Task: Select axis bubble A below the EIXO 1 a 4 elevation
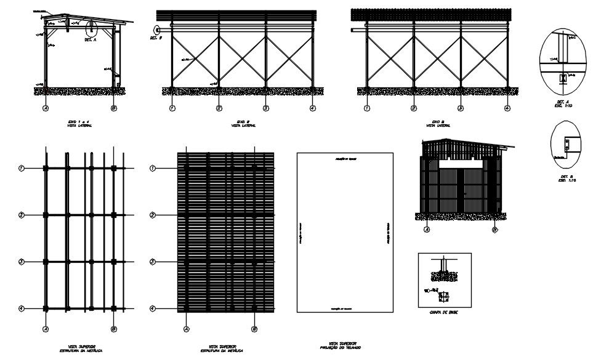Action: [45, 108]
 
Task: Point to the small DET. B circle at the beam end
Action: [158, 28]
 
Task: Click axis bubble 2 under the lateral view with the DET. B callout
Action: [219, 108]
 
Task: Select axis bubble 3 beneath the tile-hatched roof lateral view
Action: [461, 108]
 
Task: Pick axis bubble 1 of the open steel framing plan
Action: [22, 168]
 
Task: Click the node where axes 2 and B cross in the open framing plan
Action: [113, 215]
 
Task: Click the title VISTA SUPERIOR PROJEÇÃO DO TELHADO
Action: [342, 345]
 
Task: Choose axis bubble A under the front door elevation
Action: [426, 231]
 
